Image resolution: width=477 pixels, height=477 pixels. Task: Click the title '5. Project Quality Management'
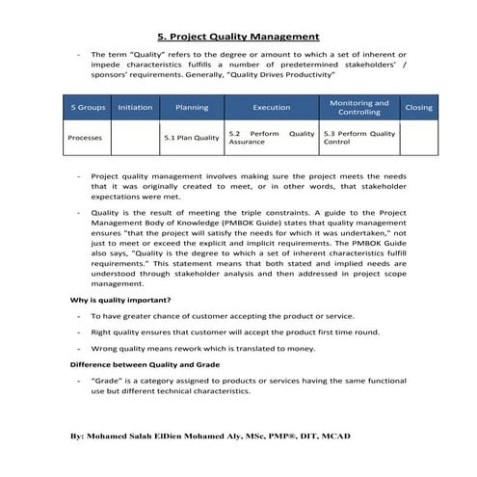coord(237,37)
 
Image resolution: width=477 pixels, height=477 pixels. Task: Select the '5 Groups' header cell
coord(87,108)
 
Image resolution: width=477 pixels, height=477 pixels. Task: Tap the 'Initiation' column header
coord(135,108)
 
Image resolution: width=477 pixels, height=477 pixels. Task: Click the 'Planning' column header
coord(192,108)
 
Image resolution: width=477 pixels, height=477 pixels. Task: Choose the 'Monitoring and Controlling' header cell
coord(358,108)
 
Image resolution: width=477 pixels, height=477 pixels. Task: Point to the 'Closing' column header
coord(418,108)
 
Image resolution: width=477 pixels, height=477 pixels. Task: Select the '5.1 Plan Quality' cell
coord(192,138)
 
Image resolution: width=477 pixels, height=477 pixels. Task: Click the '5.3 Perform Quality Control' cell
coord(358,138)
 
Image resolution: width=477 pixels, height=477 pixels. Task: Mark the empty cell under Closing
coord(418,138)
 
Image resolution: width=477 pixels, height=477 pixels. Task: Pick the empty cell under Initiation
coord(135,138)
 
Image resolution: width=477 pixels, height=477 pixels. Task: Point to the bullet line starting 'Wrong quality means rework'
coord(218,348)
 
